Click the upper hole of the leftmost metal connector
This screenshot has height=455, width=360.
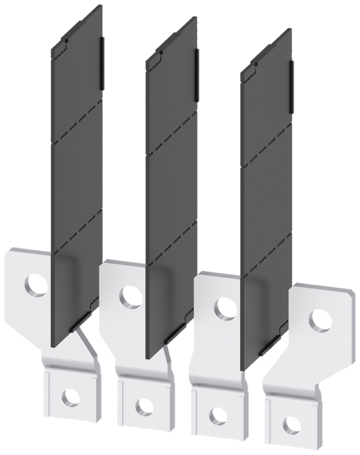(x=37, y=285)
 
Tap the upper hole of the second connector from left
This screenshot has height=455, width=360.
(x=131, y=297)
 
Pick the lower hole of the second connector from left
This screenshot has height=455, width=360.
(x=144, y=407)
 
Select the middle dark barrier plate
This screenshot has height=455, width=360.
(x=172, y=190)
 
